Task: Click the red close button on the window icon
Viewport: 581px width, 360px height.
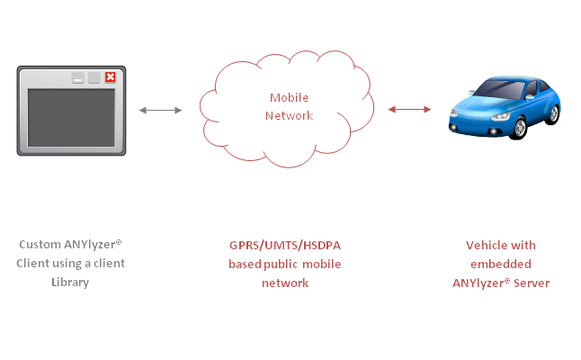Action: coord(110,77)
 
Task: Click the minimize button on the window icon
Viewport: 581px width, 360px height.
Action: coord(78,77)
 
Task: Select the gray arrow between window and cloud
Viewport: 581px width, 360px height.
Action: coord(161,110)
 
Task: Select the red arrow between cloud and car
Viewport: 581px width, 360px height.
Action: coord(409,110)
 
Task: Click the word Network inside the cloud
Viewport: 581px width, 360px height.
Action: coord(289,115)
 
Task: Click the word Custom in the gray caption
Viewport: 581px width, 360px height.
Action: coord(39,245)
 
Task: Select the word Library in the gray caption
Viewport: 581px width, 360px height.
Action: coord(71,283)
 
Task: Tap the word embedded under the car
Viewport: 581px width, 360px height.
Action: coord(500,264)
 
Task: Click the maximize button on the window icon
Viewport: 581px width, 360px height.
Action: coord(94,77)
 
